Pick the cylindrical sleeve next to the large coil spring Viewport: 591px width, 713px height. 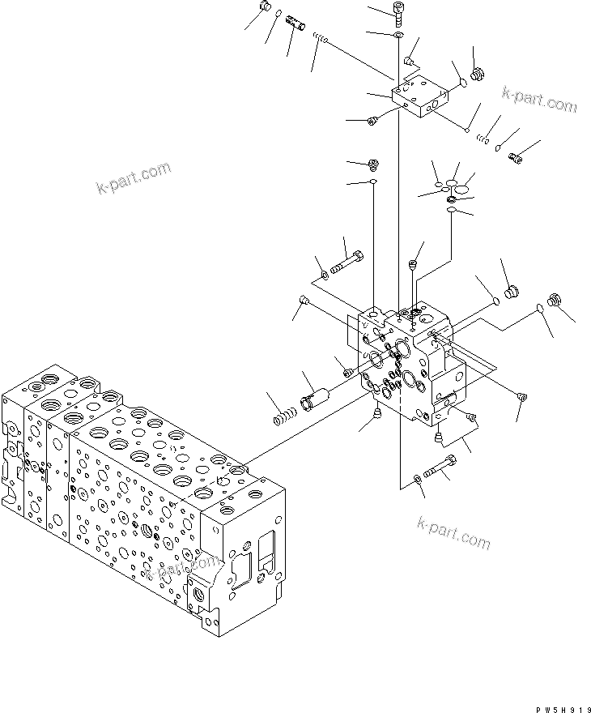tap(313, 398)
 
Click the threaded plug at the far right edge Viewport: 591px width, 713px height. tap(555, 300)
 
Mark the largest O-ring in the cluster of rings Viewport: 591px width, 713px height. tap(462, 188)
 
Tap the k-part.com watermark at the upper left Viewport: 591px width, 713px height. tap(134, 180)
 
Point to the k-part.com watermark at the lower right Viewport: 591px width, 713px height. tap(453, 536)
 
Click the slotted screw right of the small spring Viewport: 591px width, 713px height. tap(516, 157)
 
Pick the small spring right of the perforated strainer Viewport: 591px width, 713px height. tap(322, 40)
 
